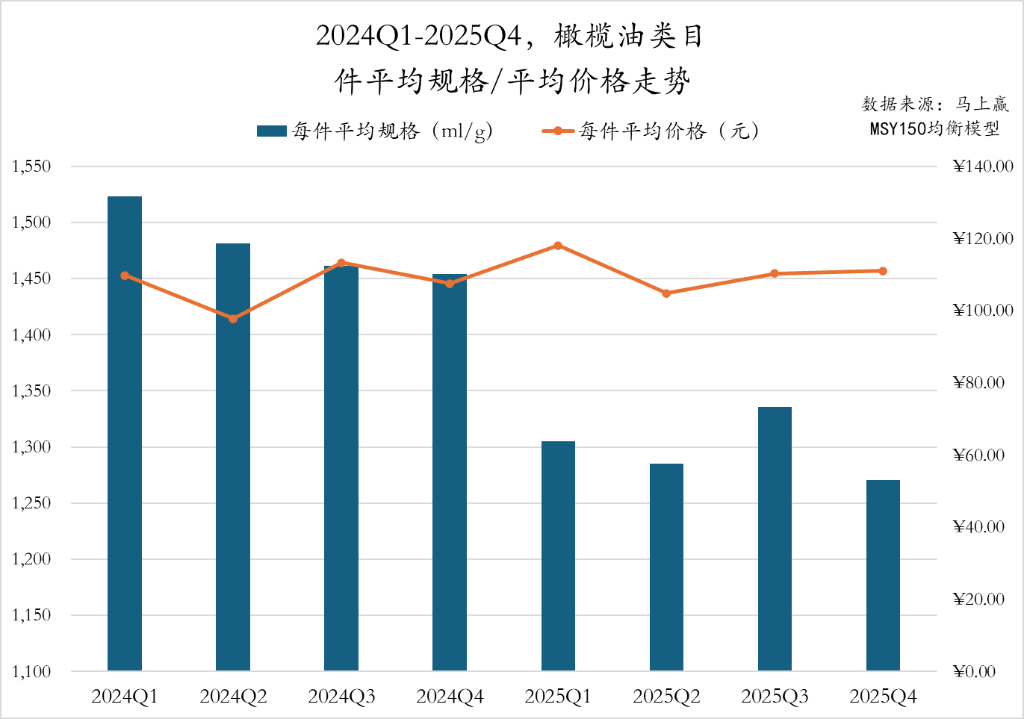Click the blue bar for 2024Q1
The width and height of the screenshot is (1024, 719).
tap(125, 433)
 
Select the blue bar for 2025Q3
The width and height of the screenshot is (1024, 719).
tap(775, 538)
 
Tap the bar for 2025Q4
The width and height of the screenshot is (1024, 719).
tap(883, 575)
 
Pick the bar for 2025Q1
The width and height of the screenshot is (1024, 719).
tap(558, 555)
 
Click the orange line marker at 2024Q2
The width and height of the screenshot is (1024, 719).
tap(233, 319)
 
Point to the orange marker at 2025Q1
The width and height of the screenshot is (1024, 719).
tap(558, 246)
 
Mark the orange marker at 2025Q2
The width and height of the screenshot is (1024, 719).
tap(666, 293)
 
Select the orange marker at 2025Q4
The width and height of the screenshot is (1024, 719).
tap(883, 271)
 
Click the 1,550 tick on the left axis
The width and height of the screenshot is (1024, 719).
tap(31, 166)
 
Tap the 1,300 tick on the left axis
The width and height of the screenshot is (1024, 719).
tap(31, 447)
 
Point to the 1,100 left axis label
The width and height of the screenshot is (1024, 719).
tap(31, 671)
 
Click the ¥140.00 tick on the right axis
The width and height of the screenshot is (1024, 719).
tap(983, 166)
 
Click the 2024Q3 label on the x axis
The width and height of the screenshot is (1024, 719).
tap(341, 697)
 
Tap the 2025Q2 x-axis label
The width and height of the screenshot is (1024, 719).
tap(666, 697)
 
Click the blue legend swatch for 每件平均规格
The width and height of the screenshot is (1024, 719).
tap(271, 131)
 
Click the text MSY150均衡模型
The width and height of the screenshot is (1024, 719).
tap(934, 128)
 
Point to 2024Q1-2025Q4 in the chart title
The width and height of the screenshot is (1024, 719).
tap(418, 36)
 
